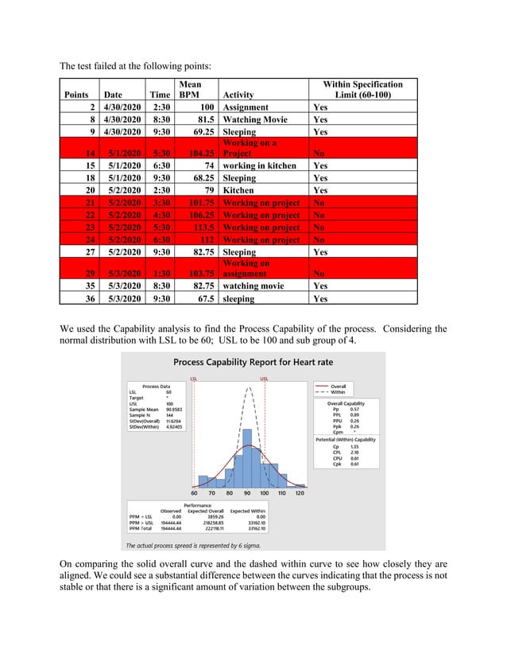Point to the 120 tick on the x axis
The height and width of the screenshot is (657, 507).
pos(299,493)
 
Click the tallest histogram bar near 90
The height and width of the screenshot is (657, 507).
pos(247,457)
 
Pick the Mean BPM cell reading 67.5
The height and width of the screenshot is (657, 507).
pos(203,299)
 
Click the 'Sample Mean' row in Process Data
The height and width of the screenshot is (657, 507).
pos(148,409)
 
